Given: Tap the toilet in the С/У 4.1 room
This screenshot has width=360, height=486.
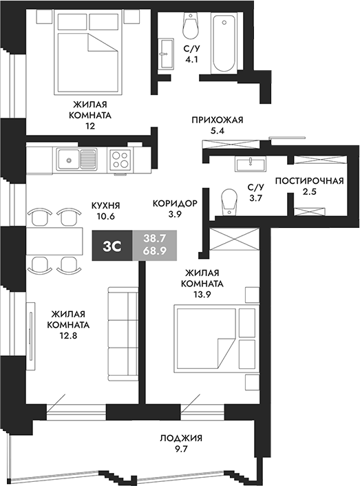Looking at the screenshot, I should [189, 27].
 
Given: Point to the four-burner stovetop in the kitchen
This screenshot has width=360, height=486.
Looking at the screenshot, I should [120, 160].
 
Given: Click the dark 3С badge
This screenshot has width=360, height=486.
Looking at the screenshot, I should [112, 244].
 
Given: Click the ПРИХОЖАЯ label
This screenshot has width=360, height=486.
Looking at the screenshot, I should [218, 119].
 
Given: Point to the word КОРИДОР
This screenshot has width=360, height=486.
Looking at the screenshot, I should [175, 204].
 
